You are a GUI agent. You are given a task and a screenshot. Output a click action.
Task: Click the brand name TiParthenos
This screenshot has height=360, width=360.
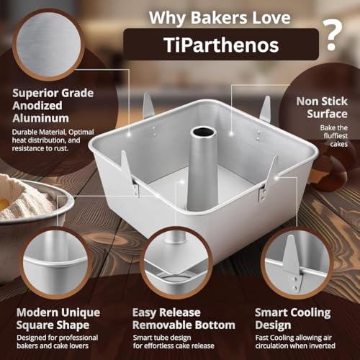221,45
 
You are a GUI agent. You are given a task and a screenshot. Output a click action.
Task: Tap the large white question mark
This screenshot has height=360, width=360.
333,35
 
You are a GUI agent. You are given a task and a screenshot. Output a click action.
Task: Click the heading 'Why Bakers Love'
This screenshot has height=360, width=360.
220,17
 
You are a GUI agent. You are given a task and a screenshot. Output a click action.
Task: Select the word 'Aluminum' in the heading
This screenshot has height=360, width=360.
40,118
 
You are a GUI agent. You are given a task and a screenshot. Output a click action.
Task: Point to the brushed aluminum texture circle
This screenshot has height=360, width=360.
49,45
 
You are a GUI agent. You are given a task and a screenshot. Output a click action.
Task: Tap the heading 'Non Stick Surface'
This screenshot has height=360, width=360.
322,107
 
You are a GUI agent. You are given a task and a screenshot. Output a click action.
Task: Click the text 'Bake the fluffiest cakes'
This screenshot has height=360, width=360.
334,136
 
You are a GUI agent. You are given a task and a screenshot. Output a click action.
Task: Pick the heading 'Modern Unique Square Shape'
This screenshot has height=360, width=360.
58,319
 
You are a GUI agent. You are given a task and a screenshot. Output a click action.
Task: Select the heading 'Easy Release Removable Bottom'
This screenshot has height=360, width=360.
184,319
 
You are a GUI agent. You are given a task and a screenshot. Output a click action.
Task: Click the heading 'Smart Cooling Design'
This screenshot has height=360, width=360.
293,319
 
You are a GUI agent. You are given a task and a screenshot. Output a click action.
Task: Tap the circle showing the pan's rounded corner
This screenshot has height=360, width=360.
57,264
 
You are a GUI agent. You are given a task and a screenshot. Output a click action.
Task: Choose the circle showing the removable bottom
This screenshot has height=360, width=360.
176,264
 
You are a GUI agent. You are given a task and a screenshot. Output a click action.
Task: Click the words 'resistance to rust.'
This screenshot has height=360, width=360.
40,148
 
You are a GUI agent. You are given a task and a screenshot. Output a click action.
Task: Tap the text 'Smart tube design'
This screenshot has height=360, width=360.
162,338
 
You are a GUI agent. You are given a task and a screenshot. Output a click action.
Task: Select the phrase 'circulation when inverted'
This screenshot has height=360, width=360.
295,346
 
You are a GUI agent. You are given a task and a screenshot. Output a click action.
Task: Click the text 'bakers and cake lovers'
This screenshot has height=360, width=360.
53,346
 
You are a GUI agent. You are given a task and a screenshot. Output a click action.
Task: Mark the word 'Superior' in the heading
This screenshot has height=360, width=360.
33,93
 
